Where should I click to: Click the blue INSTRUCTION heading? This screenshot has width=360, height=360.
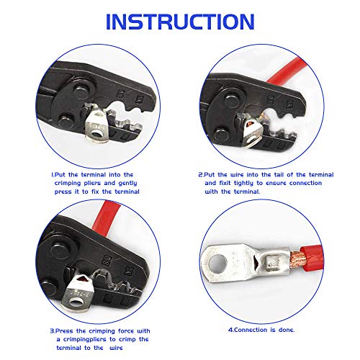tap(180, 22)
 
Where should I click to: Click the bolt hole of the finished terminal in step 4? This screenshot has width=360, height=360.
tap(217, 264)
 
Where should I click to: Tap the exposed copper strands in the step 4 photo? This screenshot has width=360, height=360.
tap(297, 260)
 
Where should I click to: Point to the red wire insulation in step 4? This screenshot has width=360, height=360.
tap(312, 260)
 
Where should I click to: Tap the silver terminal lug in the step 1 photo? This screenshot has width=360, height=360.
tap(96, 125)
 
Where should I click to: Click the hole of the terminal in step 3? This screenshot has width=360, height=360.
tap(76, 302)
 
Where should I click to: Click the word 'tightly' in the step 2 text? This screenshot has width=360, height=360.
tap(243, 184)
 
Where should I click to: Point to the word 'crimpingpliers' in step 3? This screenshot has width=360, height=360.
tap(85, 340)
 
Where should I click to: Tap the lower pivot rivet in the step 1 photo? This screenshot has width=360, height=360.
tap(66, 121)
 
